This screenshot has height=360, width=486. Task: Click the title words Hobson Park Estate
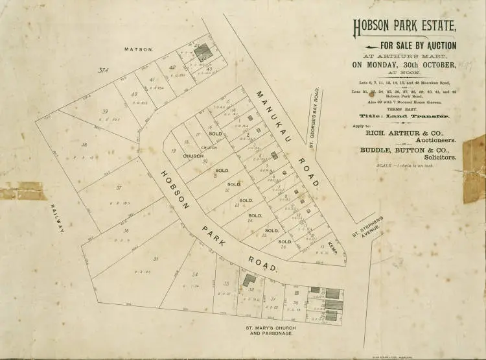pyautogui.click(x=404, y=28)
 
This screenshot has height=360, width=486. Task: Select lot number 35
pyautogui.click(x=156, y=258)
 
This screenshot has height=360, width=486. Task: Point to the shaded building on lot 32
pyautogui.click(x=248, y=280)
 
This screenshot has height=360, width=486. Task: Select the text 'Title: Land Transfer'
pyautogui.click(x=404, y=114)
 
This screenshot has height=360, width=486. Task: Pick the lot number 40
pyautogui.click(x=134, y=94)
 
